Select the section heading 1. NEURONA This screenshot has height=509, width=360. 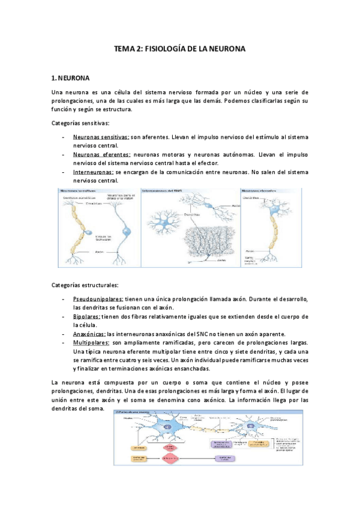click(x=71, y=78)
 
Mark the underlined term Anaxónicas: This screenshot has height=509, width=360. click(x=89, y=334)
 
